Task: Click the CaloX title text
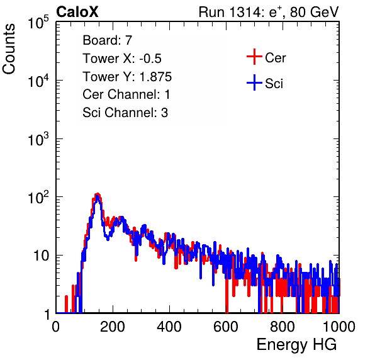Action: (x=77, y=12)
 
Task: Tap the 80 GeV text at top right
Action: (x=314, y=12)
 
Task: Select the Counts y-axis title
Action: (x=9, y=49)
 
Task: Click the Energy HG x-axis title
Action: (x=296, y=345)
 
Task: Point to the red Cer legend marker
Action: (x=254, y=57)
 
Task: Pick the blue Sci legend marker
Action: (x=254, y=82)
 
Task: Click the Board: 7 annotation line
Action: (x=107, y=40)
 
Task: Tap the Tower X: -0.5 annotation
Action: (x=122, y=59)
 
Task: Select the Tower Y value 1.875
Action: (x=155, y=77)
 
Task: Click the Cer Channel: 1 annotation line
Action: (x=126, y=94)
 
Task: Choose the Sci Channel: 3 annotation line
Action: (x=125, y=113)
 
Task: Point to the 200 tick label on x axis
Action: (x=113, y=327)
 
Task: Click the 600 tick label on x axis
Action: (x=226, y=327)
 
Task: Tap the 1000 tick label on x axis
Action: (x=339, y=327)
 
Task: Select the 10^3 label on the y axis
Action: (x=38, y=139)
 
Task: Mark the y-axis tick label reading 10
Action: (x=41, y=256)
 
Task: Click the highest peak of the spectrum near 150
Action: (x=97, y=194)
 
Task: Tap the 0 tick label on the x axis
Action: (x=56, y=327)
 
